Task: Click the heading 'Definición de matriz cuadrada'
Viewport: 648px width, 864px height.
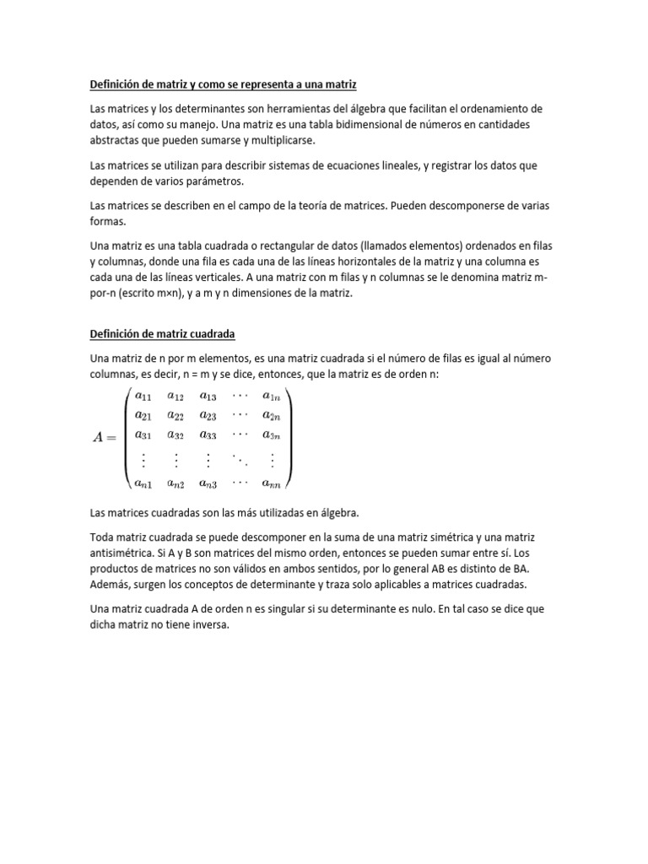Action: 162,333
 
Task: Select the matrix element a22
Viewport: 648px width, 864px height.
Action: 175,415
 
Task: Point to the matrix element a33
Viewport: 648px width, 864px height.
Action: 208,435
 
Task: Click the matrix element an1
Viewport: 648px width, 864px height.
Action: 144,483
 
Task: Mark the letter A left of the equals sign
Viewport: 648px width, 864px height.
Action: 99,436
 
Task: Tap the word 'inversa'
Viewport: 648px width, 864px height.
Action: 208,625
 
